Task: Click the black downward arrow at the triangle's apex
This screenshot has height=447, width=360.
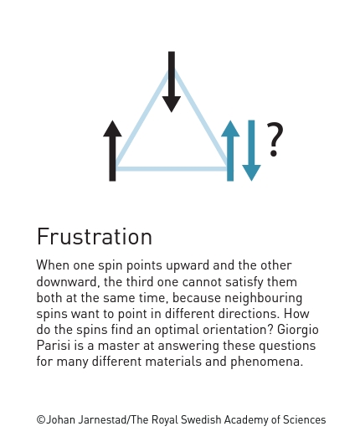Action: pyautogui.click(x=172, y=82)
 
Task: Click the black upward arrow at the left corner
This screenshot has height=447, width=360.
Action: pyautogui.click(x=112, y=151)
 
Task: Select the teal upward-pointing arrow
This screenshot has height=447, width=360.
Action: pyautogui.click(x=230, y=151)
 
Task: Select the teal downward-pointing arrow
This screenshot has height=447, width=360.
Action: pyautogui.click(x=251, y=151)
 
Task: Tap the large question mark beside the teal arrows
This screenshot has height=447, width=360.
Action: pyautogui.click(x=275, y=140)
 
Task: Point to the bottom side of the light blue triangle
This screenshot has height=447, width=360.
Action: pyautogui.click(x=172, y=169)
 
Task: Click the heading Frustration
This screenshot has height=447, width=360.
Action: pyautogui.click(x=95, y=237)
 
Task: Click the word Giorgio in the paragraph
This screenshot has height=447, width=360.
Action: pyautogui.click(x=298, y=330)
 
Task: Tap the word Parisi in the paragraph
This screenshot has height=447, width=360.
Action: pyautogui.click(x=54, y=346)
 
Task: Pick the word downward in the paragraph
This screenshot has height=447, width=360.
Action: pyautogui.click(x=67, y=282)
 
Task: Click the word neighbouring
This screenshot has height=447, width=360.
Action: pyautogui.click(x=264, y=299)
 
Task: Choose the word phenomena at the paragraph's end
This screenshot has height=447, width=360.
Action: pyautogui.click(x=267, y=362)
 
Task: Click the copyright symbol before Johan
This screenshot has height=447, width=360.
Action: pyautogui.click(x=41, y=420)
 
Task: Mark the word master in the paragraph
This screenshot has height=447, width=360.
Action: pyautogui.click(x=119, y=346)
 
